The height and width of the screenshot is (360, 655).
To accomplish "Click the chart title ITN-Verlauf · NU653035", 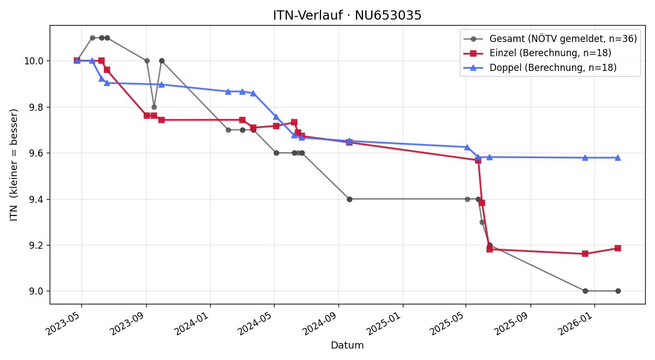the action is (x=347, y=15).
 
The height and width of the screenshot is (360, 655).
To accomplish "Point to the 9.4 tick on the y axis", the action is (x=36, y=200).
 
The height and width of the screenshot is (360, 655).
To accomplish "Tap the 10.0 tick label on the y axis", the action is (x=34, y=61).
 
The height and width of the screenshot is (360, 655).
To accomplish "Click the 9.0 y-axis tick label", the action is (x=36, y=291).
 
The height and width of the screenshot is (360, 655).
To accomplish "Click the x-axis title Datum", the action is (x=347, y=345).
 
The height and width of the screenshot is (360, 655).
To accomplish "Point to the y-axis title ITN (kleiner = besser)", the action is (x=14, y=165).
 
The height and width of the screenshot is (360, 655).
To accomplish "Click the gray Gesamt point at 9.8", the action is (x=154, y=107).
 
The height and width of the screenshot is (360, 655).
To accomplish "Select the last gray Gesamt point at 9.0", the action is (x=618, y=291).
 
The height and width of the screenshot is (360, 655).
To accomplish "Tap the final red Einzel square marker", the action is (x=618, y=248).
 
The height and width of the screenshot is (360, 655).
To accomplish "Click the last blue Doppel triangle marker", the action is (x=618, y=158).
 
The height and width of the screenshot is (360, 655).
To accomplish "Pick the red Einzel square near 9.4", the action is (x=482, y=203).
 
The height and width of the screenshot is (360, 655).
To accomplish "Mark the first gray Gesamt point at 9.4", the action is (x=349, y=199).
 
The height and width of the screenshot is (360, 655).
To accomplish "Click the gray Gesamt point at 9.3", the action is (x=482, y=223).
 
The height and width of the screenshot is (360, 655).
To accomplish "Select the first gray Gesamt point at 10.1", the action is (x=92, y=38).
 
